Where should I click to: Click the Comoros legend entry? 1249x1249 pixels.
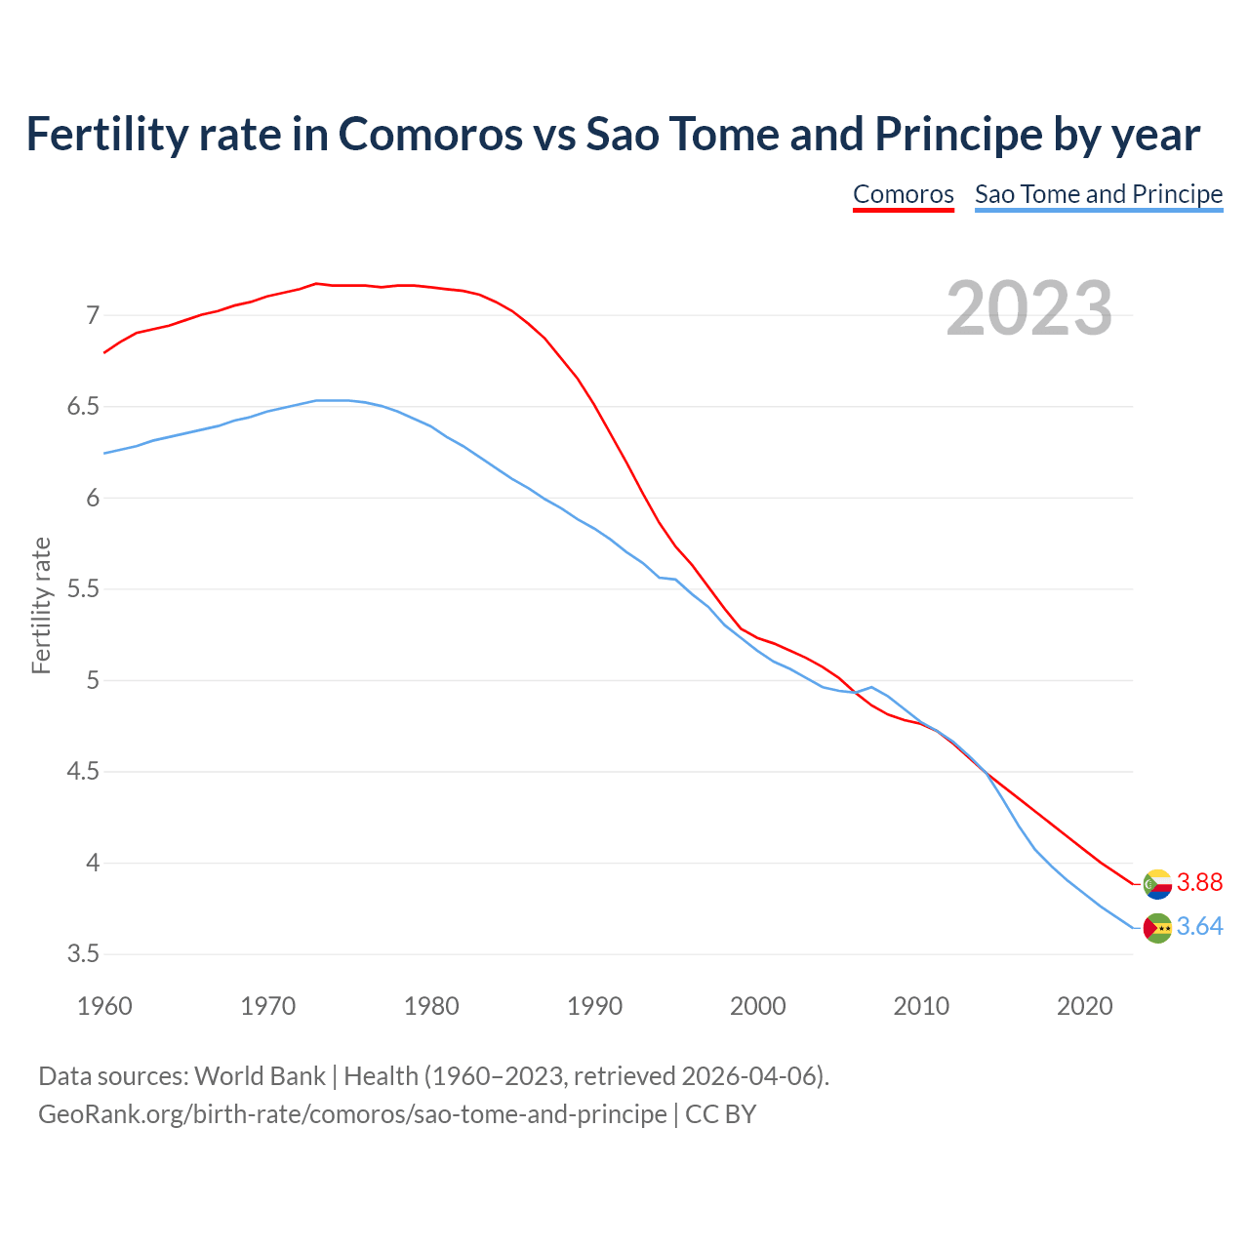click(903, 194)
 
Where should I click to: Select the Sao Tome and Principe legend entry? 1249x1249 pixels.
click(1099, 194)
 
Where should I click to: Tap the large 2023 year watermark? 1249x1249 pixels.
click(1029, 308)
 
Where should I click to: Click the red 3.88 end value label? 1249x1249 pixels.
click(1199, 882)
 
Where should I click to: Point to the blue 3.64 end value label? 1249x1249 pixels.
click(1199, 926)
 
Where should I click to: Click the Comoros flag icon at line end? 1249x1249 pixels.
click(1157, 883)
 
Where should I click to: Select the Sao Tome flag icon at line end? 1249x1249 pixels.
click(1157, 928)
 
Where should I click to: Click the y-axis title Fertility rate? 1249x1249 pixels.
click(41, 605)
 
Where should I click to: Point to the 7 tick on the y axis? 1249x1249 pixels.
click(93, 315)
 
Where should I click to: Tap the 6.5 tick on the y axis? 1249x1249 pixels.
click(83, 407)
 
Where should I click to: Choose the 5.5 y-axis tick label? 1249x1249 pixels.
click(83, 589)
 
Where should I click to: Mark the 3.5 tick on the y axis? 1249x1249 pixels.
click(83, 953)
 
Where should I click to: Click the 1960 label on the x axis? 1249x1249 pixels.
click(104, 1006)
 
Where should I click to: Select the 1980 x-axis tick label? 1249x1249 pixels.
click(431, 1006)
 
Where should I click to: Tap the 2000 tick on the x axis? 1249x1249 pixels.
click(758, 1006)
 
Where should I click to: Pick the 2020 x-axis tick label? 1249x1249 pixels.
click(1084, 1006)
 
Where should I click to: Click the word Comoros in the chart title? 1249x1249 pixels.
click(430, 134)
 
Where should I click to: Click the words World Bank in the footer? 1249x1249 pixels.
click(260, 1076)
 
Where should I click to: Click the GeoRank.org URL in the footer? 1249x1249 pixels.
click(352, 1114)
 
